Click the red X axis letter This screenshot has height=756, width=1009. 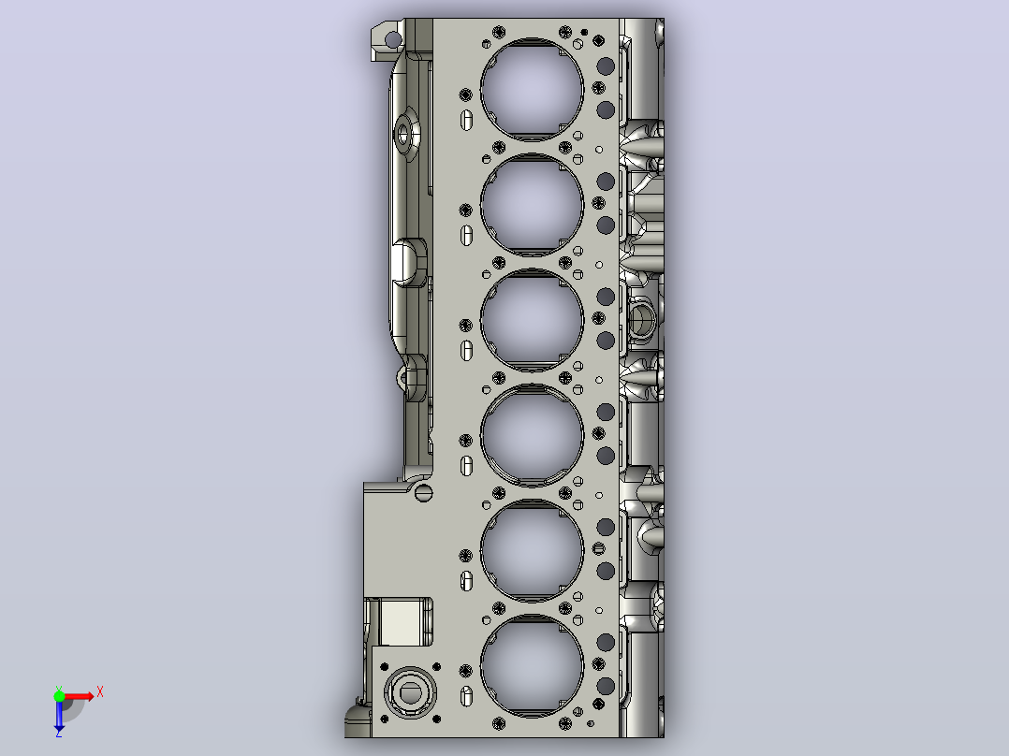click(100, 692)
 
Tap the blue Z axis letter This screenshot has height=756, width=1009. click(59, 733)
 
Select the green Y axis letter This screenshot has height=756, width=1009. click(59, 689)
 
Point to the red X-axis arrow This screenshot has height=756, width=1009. click(77, 697)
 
